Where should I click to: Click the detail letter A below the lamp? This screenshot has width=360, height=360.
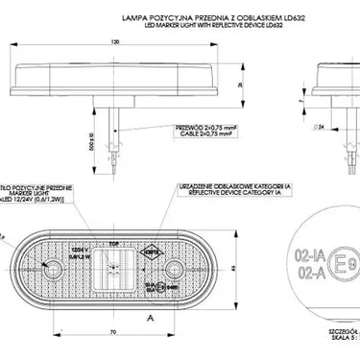click(x=150, y=314)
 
